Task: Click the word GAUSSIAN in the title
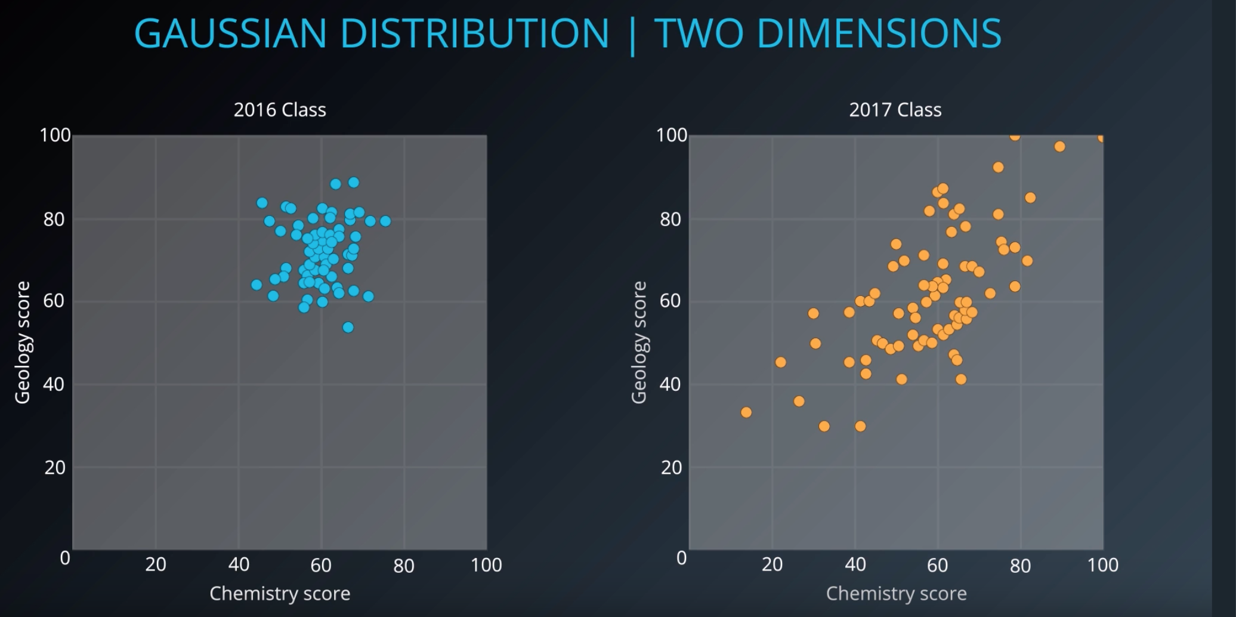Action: pos(230,33)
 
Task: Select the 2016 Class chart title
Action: pos(280,110)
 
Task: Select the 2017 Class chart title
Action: pos(895,110)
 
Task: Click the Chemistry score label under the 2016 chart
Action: pos(280,594)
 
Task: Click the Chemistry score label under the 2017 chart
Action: pos(896,594)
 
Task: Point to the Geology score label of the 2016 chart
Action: pos(23,343)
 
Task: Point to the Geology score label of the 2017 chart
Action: pos(639,343)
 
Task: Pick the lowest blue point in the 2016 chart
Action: pos(348,328)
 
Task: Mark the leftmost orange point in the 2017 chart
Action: pos(746,412)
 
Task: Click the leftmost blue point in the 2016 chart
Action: pos(257,285)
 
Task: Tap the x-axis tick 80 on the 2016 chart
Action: pos(404,565)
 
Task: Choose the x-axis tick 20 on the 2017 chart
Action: pos(772,565)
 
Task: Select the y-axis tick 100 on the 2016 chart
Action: pos(55,135)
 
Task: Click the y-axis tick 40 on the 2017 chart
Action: pos(671,384)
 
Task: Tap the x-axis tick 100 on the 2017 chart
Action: pos(1102,565)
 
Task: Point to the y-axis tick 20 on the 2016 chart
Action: pos(55,468)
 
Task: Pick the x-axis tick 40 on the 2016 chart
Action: pos(239,565)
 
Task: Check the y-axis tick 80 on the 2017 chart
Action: pos(671,220)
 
